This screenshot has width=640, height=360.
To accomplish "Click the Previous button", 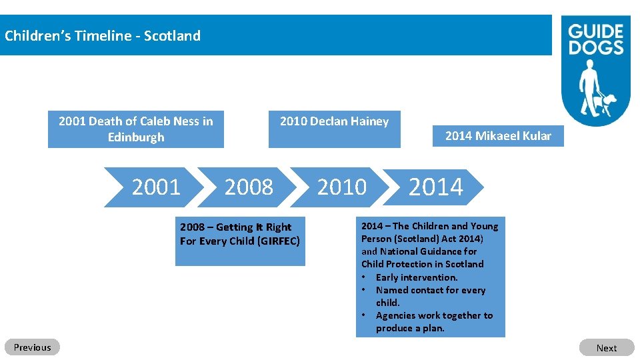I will pos(32,347).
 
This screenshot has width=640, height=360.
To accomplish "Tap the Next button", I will pos(606,347).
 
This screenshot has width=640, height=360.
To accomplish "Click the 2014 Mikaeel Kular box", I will pos(497,136).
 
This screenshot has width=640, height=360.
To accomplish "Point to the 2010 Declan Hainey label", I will pos(334,121).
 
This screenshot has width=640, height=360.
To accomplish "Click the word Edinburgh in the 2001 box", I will pos(136,137).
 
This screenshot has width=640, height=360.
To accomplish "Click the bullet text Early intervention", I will pos(417,277).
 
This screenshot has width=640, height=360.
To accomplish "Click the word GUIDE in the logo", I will pos(595,32).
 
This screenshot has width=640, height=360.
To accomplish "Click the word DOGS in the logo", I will pos(595,47).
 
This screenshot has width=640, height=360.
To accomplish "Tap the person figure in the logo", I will pos(589,87).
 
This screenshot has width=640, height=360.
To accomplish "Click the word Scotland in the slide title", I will pos(172,36).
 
